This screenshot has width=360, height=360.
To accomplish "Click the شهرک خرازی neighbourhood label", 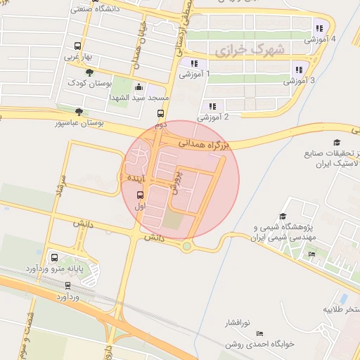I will point(250,50).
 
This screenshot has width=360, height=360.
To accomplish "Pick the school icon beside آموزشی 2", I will point(212,106).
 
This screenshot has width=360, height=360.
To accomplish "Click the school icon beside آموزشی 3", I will point(299,70).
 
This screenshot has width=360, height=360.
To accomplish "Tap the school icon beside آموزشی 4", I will point(319,29).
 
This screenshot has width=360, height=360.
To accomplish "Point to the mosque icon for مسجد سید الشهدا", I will point(138,88).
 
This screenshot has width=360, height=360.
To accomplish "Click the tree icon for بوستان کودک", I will point(89,72).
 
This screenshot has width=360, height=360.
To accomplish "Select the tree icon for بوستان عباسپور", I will point(79,111).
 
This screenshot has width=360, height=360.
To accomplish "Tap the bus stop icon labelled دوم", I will point(161,113).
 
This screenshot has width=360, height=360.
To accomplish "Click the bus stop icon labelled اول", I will point(138,195).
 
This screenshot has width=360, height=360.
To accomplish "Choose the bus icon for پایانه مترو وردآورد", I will point(54,257).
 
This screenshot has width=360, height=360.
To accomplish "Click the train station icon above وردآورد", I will point(67,285).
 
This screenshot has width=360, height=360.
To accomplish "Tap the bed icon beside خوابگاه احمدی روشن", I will point(259,333).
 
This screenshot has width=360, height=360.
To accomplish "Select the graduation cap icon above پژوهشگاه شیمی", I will point(283,217).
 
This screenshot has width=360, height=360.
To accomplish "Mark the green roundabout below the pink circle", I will point(186,246).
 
